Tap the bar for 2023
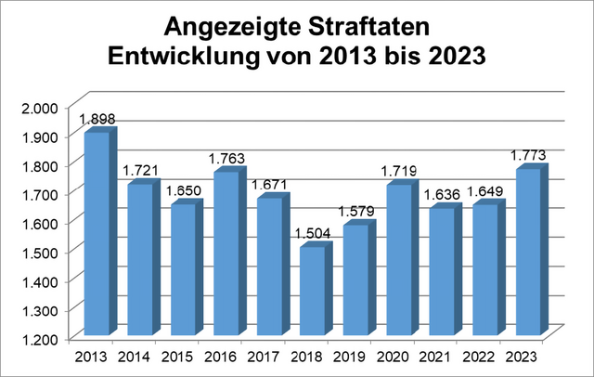tap(530, 252)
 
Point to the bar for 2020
tap(400, 260)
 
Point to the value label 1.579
tap(356, 212)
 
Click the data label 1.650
tap(183, 190)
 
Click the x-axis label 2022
tap(485, 356)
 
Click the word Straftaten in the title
tap(365, 24)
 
